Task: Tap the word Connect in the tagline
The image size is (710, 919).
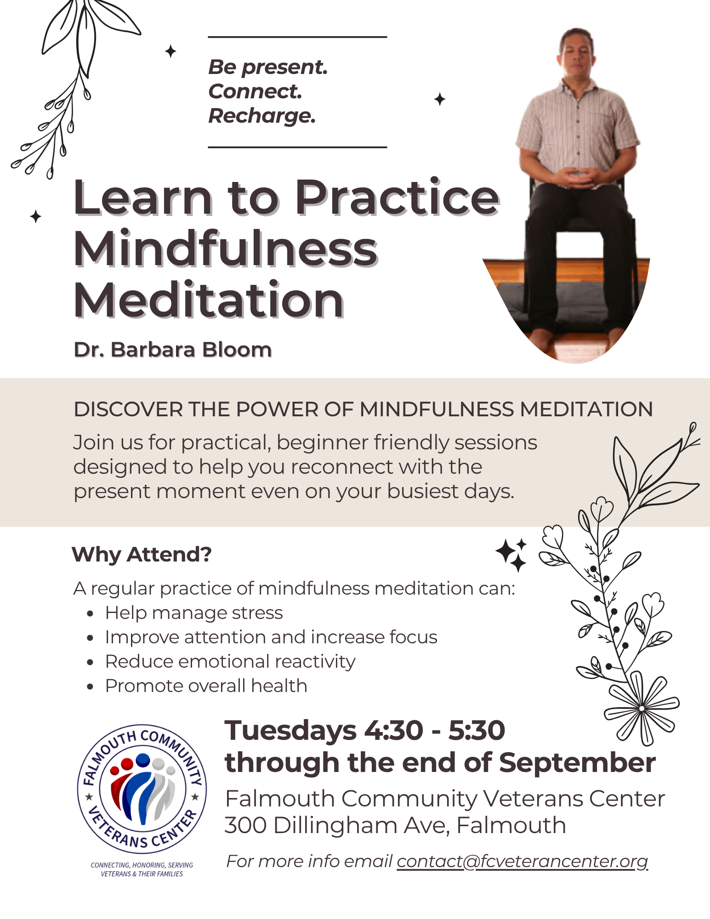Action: click(255, 91)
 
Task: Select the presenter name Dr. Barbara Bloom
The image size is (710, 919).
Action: click(173, 350)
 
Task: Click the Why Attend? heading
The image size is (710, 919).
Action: click(142, 555)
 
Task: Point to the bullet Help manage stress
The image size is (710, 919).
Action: click(194, 613)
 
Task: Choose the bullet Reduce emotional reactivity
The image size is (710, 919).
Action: click(230, 662)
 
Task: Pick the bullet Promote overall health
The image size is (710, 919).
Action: click(206, 686)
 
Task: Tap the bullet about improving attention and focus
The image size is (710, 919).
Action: click(271, 637)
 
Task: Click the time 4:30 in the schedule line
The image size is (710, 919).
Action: click(394, 730)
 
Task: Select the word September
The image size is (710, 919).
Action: click(577, 763)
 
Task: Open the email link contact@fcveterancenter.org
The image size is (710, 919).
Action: click(523, 861)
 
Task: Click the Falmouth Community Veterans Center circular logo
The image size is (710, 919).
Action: click(142, 789)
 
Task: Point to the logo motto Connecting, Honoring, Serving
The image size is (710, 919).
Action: click(142, 865)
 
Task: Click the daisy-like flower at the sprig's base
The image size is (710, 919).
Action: click(642, 708)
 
